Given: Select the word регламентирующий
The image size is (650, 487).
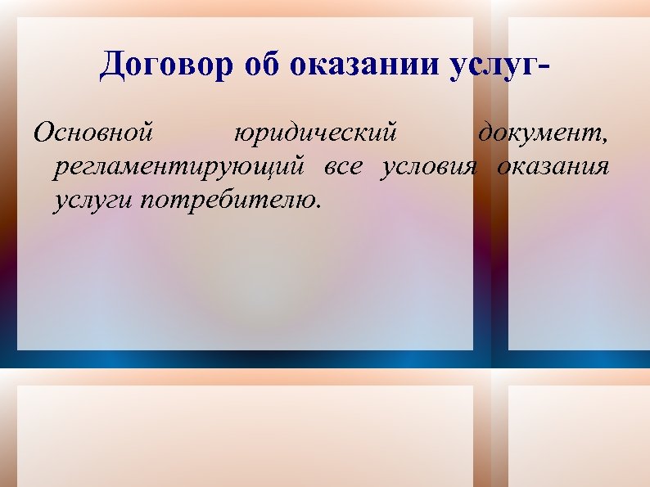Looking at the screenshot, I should click(180, 168).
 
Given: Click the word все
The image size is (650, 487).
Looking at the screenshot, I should click(344, 168).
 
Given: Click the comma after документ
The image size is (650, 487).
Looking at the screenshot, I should click(604, 138).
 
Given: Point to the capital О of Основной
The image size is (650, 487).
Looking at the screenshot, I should click(43, 131).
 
